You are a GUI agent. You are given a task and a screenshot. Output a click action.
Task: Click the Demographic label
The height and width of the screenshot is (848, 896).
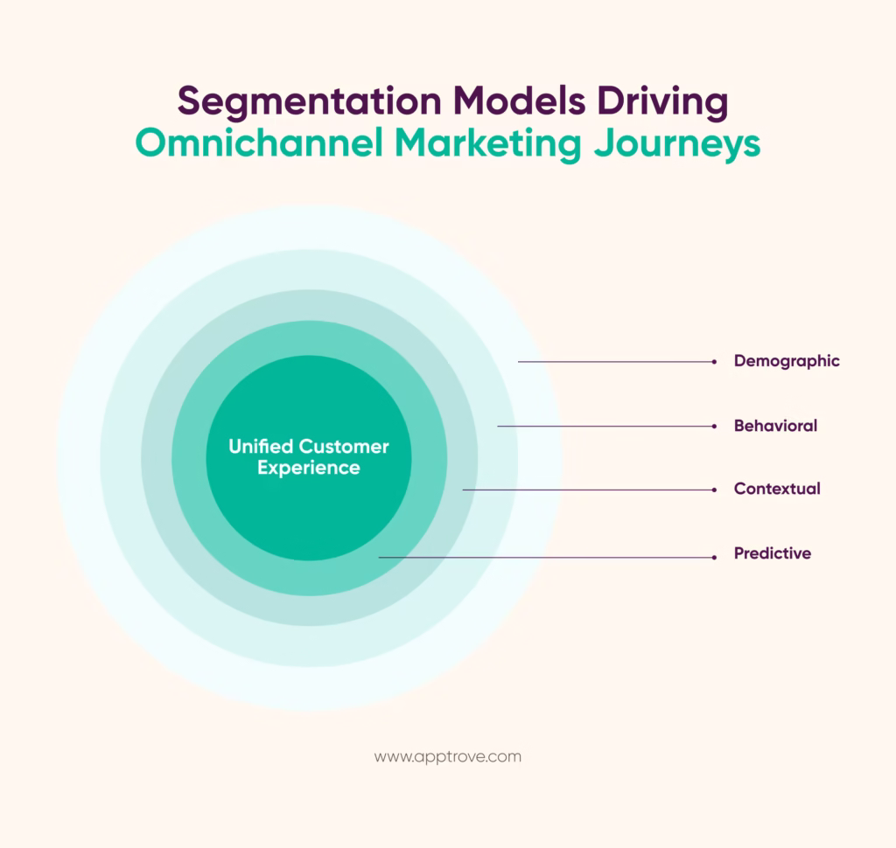(x=787, y=361)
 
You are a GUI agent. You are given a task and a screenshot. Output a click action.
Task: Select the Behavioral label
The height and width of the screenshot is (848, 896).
(x=775, y=426)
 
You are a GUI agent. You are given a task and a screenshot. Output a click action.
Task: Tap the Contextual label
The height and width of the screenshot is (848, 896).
(x=777, y=490)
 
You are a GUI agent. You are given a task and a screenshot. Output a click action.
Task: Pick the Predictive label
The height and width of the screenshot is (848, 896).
(x=773, y=554)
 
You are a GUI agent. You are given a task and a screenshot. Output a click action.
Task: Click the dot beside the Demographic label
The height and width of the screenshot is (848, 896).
(x=715, y=361)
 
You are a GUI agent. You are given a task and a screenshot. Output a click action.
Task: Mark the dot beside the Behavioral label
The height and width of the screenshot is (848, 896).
(x=715, y=426)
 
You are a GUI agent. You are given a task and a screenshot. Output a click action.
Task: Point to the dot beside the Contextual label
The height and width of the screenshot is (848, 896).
(x=715, y=490)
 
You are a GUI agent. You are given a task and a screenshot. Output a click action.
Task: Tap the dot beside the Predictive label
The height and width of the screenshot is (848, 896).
(x=715, y=556)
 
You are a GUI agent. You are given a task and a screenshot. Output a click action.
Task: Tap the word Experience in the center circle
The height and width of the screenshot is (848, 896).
(x=308, y=469)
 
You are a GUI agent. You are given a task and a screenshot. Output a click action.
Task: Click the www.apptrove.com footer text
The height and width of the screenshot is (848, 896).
(x=447, y=757)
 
